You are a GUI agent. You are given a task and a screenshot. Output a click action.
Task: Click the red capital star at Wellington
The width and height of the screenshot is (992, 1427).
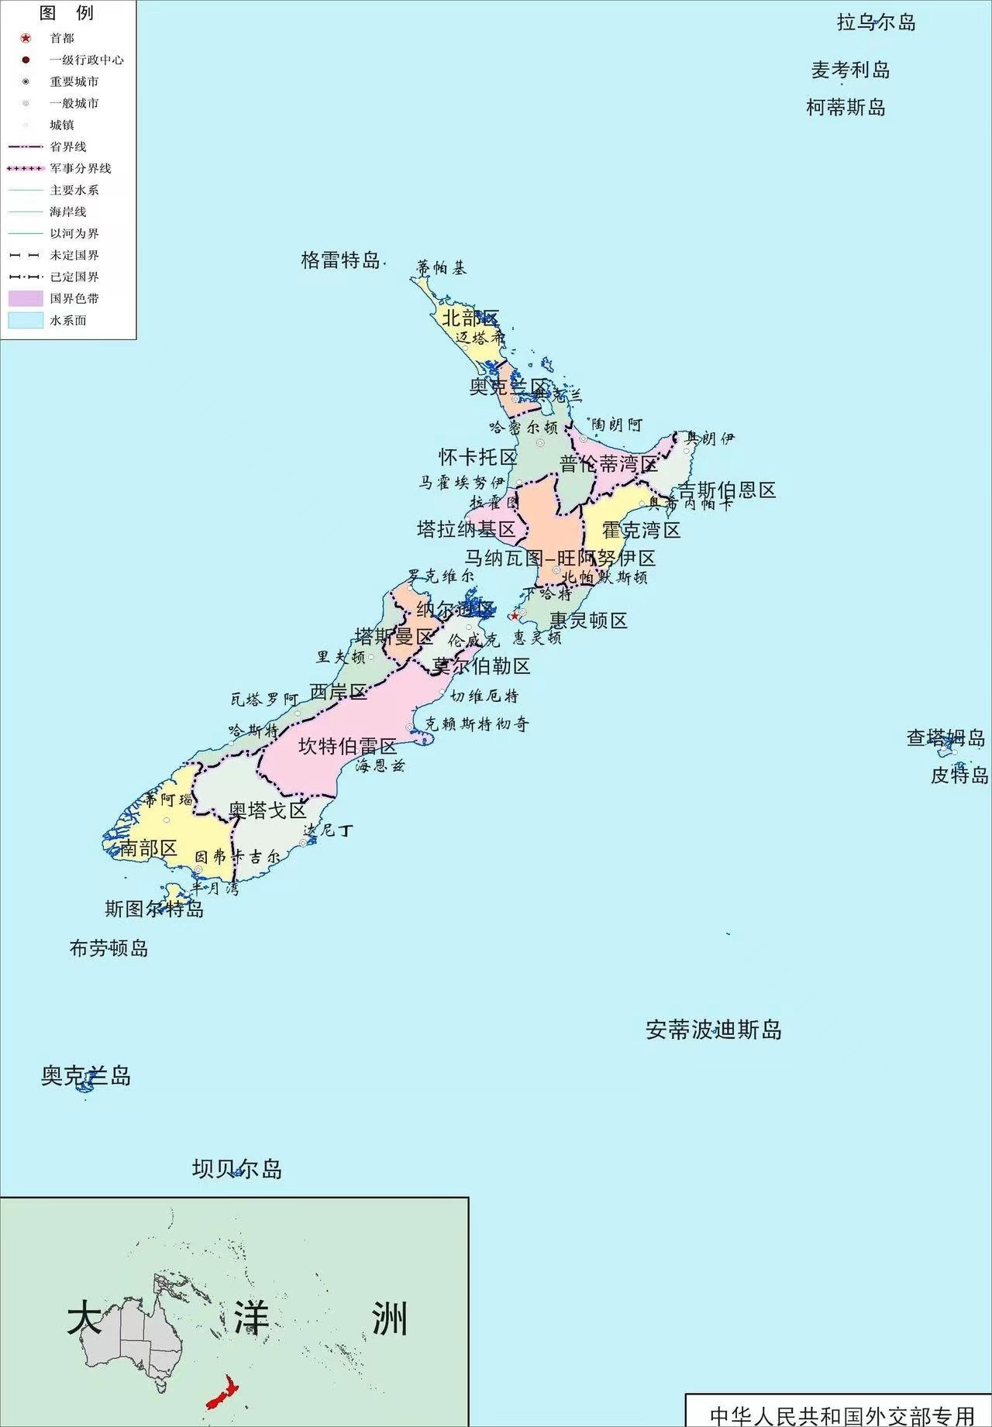[514, 616]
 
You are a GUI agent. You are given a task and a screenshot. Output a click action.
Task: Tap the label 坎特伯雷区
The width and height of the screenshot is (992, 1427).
[347, 746]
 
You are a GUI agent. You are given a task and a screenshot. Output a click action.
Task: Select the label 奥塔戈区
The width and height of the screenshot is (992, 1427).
[267, 810]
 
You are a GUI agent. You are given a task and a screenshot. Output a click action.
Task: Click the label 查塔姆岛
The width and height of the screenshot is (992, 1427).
[945, 738]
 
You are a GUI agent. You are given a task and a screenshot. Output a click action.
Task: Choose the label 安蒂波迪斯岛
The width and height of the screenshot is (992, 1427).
[713, 1030]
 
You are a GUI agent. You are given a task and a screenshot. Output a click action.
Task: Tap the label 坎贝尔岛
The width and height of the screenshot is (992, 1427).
[237, 1168]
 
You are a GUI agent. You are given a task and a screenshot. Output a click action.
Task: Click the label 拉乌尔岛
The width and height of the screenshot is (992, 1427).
[876, 22]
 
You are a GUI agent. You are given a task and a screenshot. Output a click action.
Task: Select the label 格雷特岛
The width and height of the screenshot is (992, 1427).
[340, 260]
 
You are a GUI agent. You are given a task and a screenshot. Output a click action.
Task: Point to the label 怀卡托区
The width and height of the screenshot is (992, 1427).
[477, 457]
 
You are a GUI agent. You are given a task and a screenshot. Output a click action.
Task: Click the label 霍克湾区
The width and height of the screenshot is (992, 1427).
[641, 530]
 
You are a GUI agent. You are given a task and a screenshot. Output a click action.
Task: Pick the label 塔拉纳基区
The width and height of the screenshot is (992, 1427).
[466, 529]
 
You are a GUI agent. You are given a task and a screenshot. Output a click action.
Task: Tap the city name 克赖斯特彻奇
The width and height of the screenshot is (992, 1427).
[477, 724]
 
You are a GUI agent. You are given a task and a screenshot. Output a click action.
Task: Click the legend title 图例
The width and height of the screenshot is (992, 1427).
[67, 12]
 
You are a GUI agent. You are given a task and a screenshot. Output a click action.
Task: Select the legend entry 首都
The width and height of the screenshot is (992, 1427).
[62, 38]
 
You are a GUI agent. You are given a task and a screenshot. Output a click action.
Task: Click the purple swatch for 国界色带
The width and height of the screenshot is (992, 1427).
[26, 298]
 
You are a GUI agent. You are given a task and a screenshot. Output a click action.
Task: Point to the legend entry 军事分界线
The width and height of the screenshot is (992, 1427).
[81, 168]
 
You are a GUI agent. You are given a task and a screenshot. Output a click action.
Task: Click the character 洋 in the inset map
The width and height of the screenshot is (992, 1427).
[252, 1318]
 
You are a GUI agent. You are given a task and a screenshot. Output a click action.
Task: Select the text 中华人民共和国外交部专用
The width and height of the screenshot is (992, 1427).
[841, 1415]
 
